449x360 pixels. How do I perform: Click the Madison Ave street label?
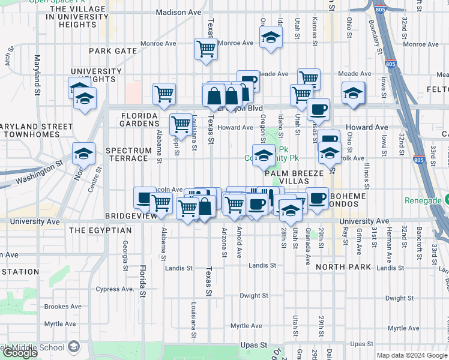pos(178,13)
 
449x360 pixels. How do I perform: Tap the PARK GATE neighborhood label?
pos(113,52)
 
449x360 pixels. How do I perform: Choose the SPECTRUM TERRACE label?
pos(127,154)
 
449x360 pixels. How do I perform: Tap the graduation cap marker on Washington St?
pos(83,154)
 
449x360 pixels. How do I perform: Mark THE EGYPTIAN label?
pos(100,230)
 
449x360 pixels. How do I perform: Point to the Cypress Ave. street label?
pos(115,289)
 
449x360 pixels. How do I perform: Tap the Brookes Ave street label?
pos(63,307)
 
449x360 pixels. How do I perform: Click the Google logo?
pos(20,353)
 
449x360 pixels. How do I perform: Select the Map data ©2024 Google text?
pos(411,355)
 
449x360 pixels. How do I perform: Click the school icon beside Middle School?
pos(73,347)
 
